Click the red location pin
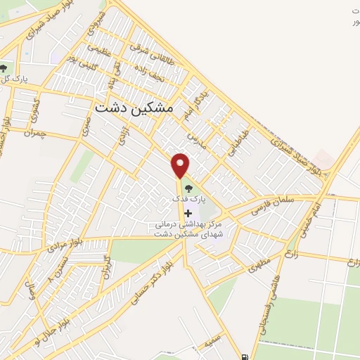coord(181,165)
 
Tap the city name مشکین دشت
coord(131,108)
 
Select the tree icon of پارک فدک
coord(188,187)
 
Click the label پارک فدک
coord(188,199)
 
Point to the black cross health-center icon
coord(188,212)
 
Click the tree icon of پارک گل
coord(4,68)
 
